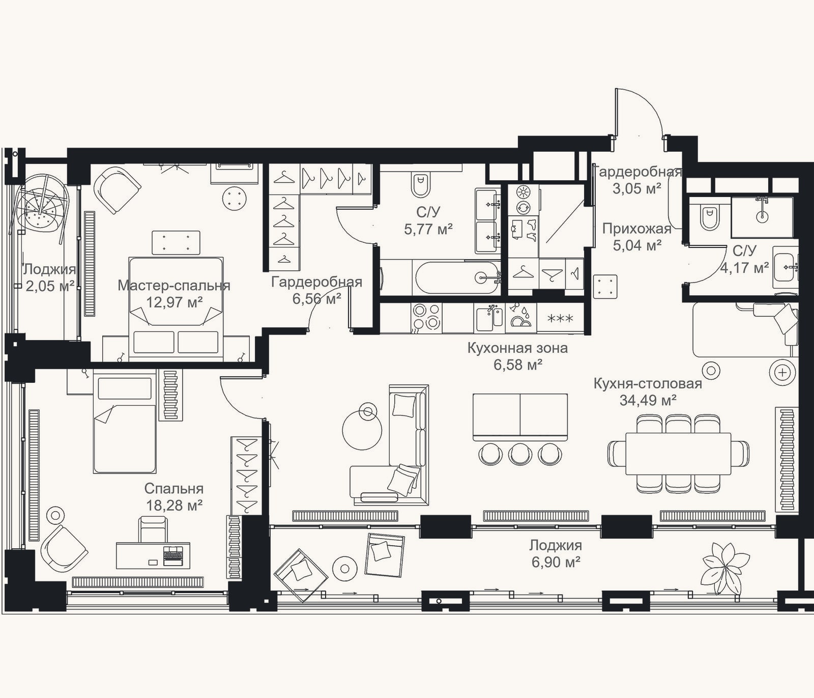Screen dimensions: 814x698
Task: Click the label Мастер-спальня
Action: pos(174,286)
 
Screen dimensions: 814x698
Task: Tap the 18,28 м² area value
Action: pos(175,506)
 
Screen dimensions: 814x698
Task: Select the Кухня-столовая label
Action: pos(648,384)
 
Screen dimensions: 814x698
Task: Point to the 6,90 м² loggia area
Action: pos(556,563)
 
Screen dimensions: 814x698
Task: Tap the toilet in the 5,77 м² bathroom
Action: pos(421,185)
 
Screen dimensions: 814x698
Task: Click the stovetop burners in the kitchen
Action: pos(426,317)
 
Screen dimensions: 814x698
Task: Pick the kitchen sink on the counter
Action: pos(489,318)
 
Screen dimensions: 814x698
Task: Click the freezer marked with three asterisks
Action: pos(560,319)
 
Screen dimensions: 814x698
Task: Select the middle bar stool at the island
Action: pos(520,454)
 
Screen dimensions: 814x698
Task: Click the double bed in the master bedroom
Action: pos(176,309)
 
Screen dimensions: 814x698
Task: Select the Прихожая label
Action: pos(637,229)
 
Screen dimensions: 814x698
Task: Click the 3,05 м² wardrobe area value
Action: pos(637,189)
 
